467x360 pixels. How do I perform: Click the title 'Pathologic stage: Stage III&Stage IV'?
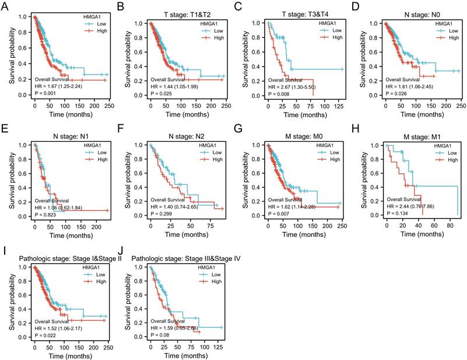pos(187,258)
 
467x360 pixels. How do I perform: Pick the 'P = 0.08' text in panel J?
pos(160,336)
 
